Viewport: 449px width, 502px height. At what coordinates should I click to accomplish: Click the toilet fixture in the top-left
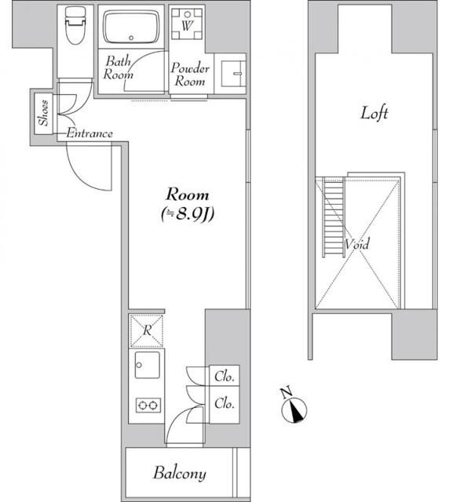click(76, 28)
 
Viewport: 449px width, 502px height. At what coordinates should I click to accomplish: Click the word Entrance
click(89, 134)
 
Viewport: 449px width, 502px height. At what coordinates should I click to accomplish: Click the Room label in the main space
click(187, 195)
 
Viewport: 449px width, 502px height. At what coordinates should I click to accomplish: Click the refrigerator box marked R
click(147, 329)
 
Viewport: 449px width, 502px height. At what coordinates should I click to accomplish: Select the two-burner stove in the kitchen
click(147, 405)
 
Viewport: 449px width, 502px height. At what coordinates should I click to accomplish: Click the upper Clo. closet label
click(225, 377)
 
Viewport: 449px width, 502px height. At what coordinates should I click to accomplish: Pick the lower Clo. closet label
click(225, 404)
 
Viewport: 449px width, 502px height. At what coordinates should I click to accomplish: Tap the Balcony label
click(180, 473)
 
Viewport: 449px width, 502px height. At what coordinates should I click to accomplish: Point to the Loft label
click(374, 113)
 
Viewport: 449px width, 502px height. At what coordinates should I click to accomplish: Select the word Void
click(357, 244)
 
